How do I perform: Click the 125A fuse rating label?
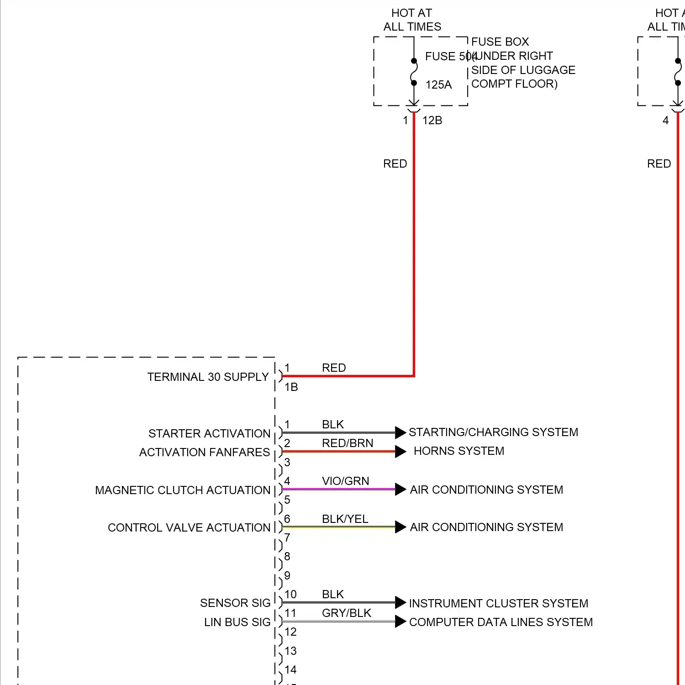click(x=438, y=84)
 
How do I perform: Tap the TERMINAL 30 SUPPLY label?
click(x=208, y=377)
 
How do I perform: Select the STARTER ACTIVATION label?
click(x=209, y=433)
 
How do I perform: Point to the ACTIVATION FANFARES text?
click(x=205, y=452)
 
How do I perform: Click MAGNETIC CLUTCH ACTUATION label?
click(x=183, y=490)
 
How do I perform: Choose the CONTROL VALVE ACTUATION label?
click(x=189, y=527)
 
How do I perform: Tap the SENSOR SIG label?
click(x=235, y=603)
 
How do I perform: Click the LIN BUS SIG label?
click(x=237, y=622)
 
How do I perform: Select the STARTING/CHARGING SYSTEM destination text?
click(x=493, y=432)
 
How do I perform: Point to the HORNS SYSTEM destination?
click(x=459, y=451)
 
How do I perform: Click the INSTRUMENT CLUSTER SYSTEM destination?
click(x=499, y=603)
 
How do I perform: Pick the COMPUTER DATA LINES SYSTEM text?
click(x=501, y=622)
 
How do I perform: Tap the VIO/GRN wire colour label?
click(x=345, y=481)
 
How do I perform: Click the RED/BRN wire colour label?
click(x=347, y=443)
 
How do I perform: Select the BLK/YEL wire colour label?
click(x=345, y=519)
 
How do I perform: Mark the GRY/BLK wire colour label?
click(x=346, y=613)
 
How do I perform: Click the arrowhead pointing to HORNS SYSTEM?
click(x=400, y=452)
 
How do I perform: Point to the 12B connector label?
click(x=432, y=120)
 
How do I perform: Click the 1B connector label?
click(x=291, y=387)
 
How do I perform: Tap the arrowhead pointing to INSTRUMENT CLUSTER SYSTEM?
click(x=400, y=602)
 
